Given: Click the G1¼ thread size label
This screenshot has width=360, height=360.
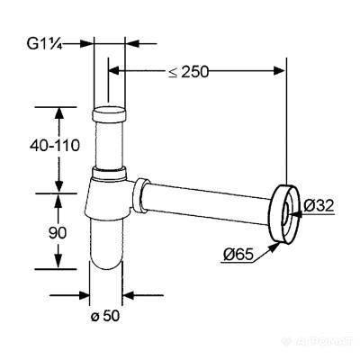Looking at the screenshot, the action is (x=44, y=44).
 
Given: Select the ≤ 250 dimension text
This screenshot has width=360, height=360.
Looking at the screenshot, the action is (x=188, y=72).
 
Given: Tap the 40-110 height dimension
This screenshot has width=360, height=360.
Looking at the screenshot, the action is (x=55, y=146).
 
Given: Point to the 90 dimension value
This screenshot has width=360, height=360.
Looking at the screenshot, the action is (x=57, y=233).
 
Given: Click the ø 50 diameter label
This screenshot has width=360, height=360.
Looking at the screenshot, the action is (x=105, y=316).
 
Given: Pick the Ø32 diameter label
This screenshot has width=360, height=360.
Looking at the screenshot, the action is (x=319, y=206).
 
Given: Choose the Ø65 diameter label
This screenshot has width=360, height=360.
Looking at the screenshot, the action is (x=238, y=255).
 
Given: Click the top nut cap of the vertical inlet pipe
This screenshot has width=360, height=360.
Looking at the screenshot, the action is (x=109, y=113).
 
